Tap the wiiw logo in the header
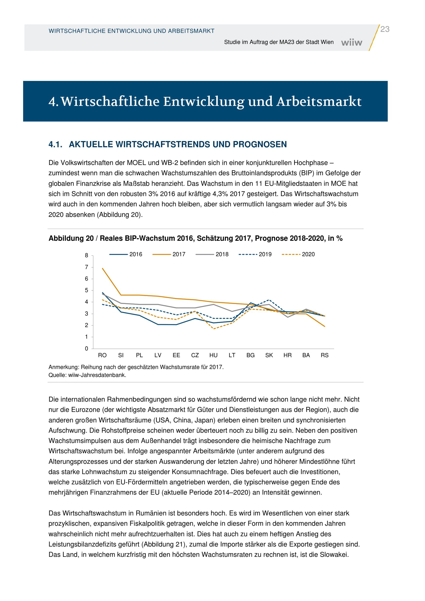tap(351, 42)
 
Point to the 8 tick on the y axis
tap(86, 255)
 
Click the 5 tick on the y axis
tap(86, 290)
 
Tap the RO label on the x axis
tap(102, 355)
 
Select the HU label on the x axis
tap(213, 355)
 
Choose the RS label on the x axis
tap(324, 355)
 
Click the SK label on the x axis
tap(269, 355)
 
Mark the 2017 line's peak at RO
tap(102, 268)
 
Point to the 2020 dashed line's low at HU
tap(214, 329)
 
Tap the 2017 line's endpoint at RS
tap(325, 326)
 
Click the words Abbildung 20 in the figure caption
tap(71, 238)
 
